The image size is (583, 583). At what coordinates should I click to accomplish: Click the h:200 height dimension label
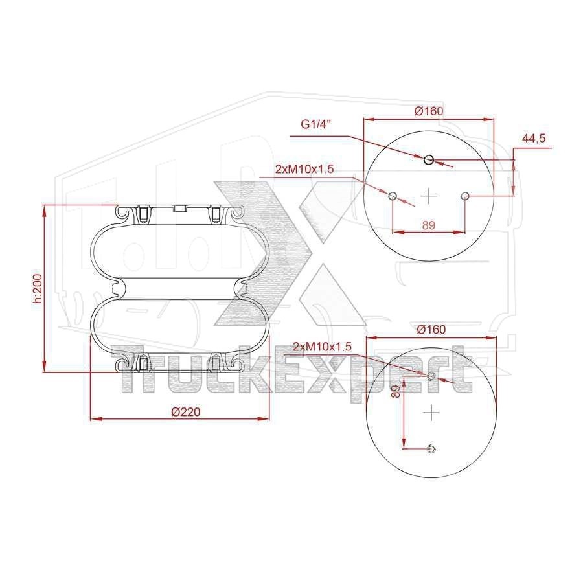coord(39,288)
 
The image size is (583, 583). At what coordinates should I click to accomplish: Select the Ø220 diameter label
coord(186,411)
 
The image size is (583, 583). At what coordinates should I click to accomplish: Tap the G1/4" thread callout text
coord(315,124)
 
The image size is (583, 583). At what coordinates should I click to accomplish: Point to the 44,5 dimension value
coord(534,139)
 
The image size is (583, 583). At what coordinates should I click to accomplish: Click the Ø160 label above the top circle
coord(429,111)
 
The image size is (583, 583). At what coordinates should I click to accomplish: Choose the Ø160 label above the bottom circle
coord(431,330)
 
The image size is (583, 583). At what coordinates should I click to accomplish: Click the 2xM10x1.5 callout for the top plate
coord(304,169)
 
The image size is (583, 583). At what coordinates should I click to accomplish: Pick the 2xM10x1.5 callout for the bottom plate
coord(322,347)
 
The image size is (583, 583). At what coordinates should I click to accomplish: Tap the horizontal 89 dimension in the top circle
coord(429,225)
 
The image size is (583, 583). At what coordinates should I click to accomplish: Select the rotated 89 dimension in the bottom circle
coord(396,391)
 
